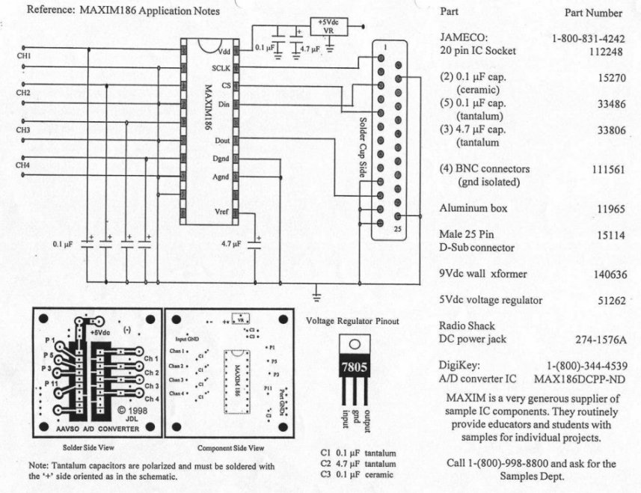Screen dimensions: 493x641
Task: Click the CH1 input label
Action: [24, 57]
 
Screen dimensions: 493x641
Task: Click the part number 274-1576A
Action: [600, 339]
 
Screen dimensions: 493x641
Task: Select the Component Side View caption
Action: [230, 447]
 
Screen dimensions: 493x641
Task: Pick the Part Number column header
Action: [593, 13]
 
